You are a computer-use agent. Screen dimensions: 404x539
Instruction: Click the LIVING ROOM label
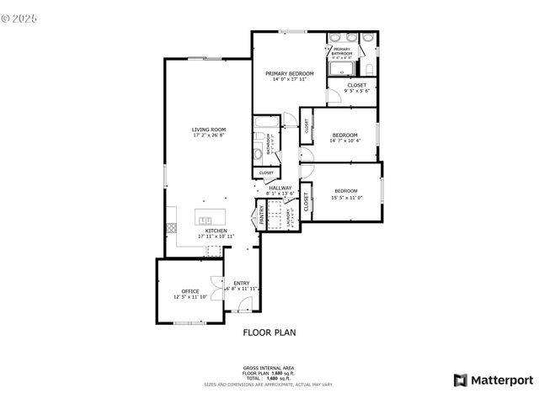208,130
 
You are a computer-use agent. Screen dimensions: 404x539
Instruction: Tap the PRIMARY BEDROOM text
289,74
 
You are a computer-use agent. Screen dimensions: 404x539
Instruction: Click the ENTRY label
241,283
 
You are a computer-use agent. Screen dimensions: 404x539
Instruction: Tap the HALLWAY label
280,188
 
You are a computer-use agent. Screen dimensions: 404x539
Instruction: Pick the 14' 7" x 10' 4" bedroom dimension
344,141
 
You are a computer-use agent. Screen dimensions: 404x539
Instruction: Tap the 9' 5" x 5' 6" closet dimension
356,90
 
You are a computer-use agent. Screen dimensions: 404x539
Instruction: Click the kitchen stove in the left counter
171,226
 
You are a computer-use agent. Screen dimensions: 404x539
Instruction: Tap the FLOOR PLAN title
269,332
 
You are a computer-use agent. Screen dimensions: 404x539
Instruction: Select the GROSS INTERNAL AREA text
269,368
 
